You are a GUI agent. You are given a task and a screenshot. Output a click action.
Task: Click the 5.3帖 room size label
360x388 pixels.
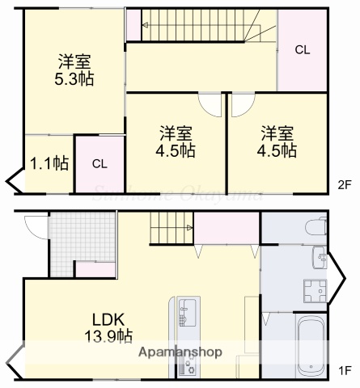pyautogui.click(x=74, y=79)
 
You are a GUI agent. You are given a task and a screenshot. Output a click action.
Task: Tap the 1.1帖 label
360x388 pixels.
pyautogui.click(x=49, y=163)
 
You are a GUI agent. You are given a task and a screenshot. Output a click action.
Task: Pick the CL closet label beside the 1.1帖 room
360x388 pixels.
pyautogui.click(x=99, y=163)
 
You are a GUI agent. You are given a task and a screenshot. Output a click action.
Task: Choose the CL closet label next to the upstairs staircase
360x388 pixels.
pyautogui.click(x=302, y=49)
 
